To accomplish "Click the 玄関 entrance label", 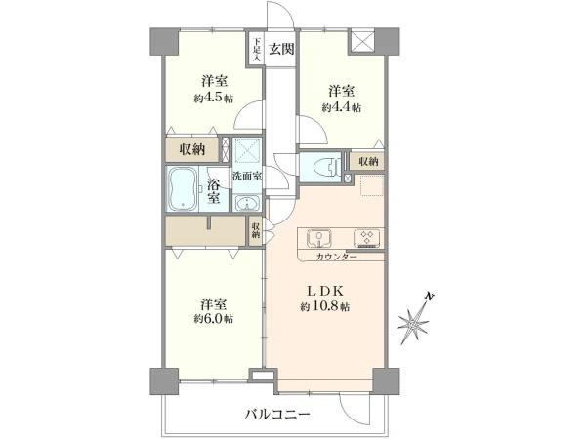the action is (282, 49).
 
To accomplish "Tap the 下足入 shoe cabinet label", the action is (257, 50).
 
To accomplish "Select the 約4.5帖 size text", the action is (214, 99).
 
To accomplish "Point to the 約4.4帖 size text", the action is (342, 108).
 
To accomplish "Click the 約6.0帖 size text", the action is (214, 319).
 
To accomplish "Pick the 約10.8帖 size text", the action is (325, 307).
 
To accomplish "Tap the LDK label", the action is (325, 291).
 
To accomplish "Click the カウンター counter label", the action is (336, 257).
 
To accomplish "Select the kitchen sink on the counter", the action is (318, 238).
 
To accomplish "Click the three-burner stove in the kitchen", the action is (367, 238).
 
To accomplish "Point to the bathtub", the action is (183, 189).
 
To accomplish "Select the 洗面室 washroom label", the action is (247, 176).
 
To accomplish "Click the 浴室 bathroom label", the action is (213, 192).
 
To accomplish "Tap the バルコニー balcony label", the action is (277, 414).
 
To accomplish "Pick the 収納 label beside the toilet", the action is (368, 162).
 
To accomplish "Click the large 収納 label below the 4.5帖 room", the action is (192, 149).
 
